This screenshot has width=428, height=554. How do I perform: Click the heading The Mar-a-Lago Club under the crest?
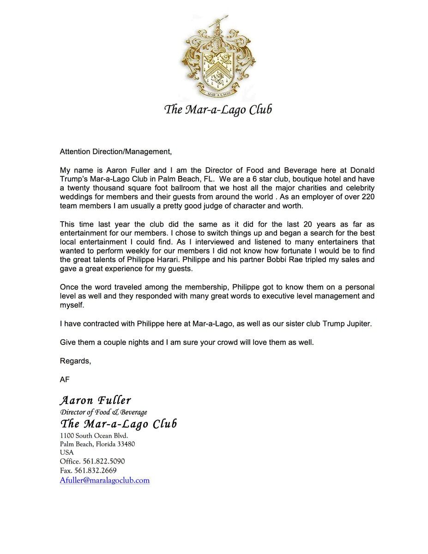pos(218,110)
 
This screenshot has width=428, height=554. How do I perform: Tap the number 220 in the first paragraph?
pos(367,197)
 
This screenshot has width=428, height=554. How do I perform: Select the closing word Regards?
pos(75,361)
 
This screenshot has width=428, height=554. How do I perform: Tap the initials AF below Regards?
pos(65,379)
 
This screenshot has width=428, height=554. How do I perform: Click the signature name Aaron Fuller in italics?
pos(96,400)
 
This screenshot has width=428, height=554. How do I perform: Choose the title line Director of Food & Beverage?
pos(103,412)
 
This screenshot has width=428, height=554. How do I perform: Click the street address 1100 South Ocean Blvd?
pos(94,435)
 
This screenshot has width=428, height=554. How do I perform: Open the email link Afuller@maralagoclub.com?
pos(105,480)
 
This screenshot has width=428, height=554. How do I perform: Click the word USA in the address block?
pos(67,453)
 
